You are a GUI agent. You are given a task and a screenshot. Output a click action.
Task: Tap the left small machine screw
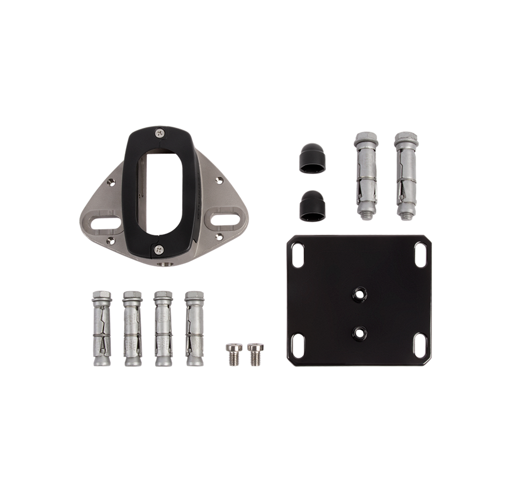tap(232, 354)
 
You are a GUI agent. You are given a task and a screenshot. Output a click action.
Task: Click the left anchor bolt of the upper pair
tap(366, 175)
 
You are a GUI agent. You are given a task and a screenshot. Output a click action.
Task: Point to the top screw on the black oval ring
tap(159, 133)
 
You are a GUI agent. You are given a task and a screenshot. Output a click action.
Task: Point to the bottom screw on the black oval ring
tap(159, 247)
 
